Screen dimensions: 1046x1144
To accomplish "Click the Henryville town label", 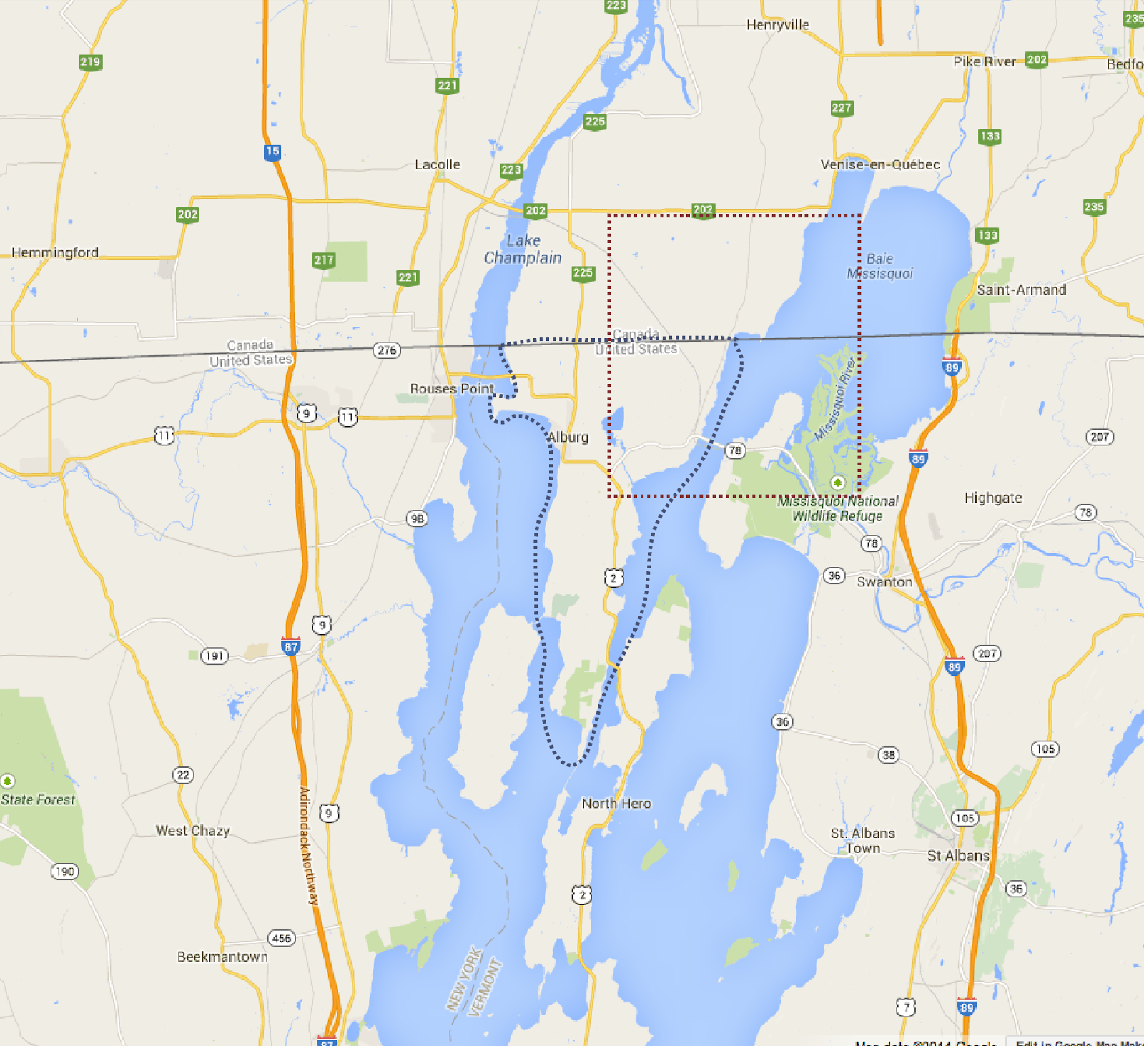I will pyautogui.click(x=777, y=25).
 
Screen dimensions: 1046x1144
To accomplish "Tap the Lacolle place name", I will pyautogui.click(x=438, y=164).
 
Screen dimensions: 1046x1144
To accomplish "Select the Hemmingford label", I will pyautogui.click(x=55, y=252).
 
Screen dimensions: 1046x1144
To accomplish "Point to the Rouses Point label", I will pyautogui.click(x=452, y=388).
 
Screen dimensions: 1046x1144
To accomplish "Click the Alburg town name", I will pyautogui.click(x=568, y=437).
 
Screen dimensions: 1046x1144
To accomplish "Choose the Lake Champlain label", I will pyautogui.click(x=523, y=250).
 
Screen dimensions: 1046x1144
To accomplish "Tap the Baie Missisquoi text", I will pyautogui.click(x=879, y=266).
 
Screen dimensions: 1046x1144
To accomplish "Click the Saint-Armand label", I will pyautogui.click(x=1021, y=290).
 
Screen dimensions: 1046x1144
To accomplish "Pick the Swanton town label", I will pyautogui.click(x=884, y=582).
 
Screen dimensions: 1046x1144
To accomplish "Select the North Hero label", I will pyautogui.click(x=616, y=804).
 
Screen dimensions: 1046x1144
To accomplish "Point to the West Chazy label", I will pyautogui.click(x=193, y=831).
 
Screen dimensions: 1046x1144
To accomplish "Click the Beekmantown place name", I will pyautogui.click(x=222, y=957).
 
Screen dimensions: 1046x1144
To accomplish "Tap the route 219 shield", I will pyautogui.click(x=90, y=62).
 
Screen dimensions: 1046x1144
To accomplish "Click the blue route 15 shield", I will pyautogui.click(x=272, y=152).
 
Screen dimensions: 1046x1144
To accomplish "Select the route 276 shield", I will pyautogui.click(x=387, y=350).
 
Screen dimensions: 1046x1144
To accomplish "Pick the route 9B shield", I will pyautogui.click(x=417, y=518).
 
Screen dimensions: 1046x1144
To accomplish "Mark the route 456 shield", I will pyautogui.click(x=282, y=938).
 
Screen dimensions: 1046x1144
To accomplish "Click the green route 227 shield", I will pyautogui.click(x=842, y=108).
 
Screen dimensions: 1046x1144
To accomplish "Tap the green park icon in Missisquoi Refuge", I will pyautogui.click(x=838, y=483).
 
